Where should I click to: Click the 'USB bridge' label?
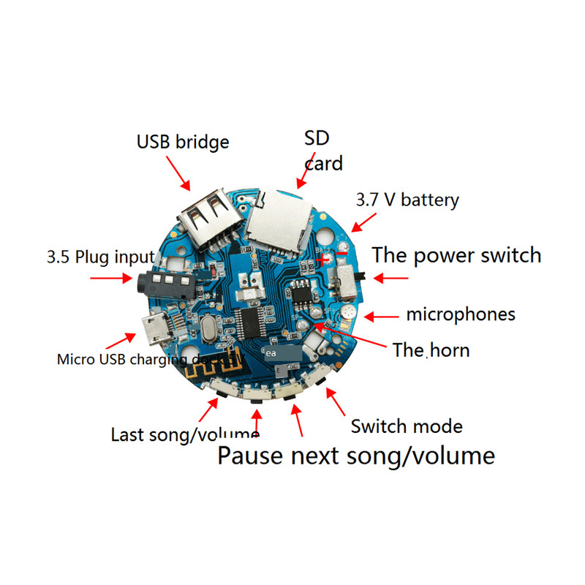(183, 141)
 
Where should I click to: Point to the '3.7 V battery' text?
(407, 200)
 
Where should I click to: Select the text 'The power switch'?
(456, 255)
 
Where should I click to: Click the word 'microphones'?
(461, 315)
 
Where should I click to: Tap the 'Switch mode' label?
(407, 426)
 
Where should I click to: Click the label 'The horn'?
(431, 350)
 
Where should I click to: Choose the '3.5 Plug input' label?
(100, 257)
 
